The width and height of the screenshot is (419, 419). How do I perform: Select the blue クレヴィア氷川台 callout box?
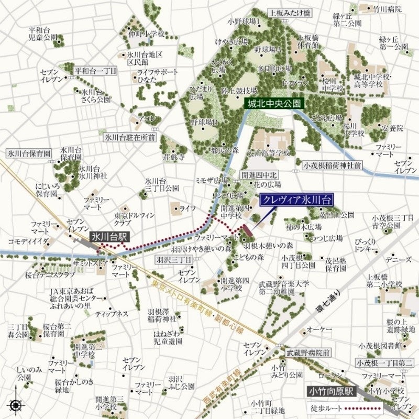coord(297,201)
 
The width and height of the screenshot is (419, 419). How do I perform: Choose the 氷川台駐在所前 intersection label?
coord(129,138)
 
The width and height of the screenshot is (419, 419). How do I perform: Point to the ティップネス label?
coord(112,314)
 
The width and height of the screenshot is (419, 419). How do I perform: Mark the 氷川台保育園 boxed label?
coord(29,154)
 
